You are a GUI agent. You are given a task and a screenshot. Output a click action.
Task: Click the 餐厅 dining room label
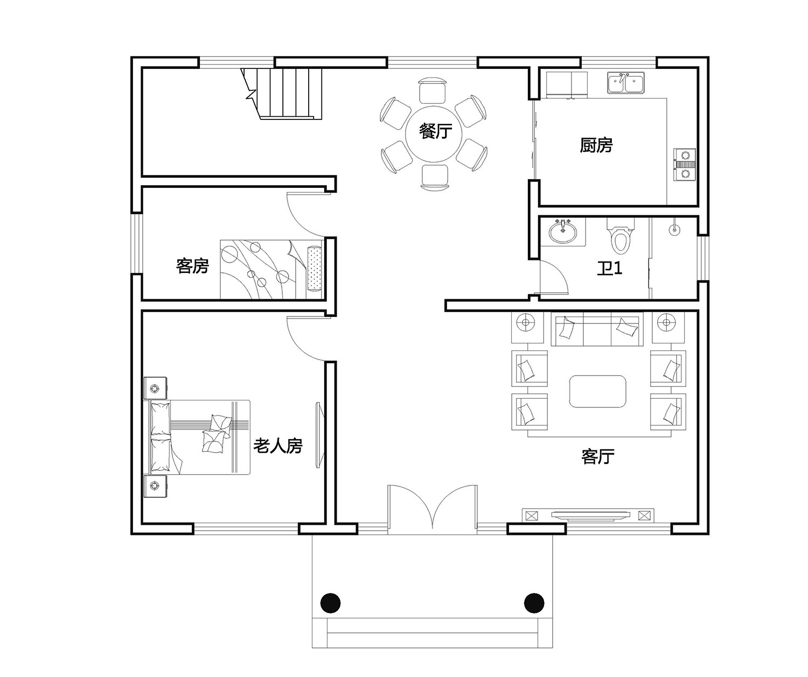click(x=435, y=131)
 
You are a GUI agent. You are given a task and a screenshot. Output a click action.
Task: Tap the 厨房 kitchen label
click(x=596, y=145)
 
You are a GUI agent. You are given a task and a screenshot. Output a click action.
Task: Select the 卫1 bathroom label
click(x=609, y=268)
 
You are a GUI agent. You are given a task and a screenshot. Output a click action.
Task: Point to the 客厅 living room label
click(x=597, y=456)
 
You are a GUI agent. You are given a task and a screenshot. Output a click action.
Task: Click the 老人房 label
click(x=277, y=446)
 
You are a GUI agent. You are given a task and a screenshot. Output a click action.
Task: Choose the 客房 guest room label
click(x=192, y=266)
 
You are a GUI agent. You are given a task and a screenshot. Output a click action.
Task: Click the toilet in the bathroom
click(x=621, y=236)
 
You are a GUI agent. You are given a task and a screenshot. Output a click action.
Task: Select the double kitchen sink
click(x=625, y=83)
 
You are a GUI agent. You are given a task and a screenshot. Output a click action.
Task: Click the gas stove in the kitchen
click(x=685, y=164)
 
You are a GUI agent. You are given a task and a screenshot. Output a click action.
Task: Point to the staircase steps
click(x=283, y=94)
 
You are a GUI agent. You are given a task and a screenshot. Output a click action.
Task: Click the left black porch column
click(x=331, y=603)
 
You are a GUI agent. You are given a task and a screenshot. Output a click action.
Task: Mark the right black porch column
click(x=534, y=603)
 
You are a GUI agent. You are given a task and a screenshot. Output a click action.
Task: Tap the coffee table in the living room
click(x=597, y=391)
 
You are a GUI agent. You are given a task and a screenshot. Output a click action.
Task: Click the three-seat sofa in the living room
click(x=597, y=329)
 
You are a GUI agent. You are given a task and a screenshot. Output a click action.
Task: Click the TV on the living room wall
click(x=590, y=514)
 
